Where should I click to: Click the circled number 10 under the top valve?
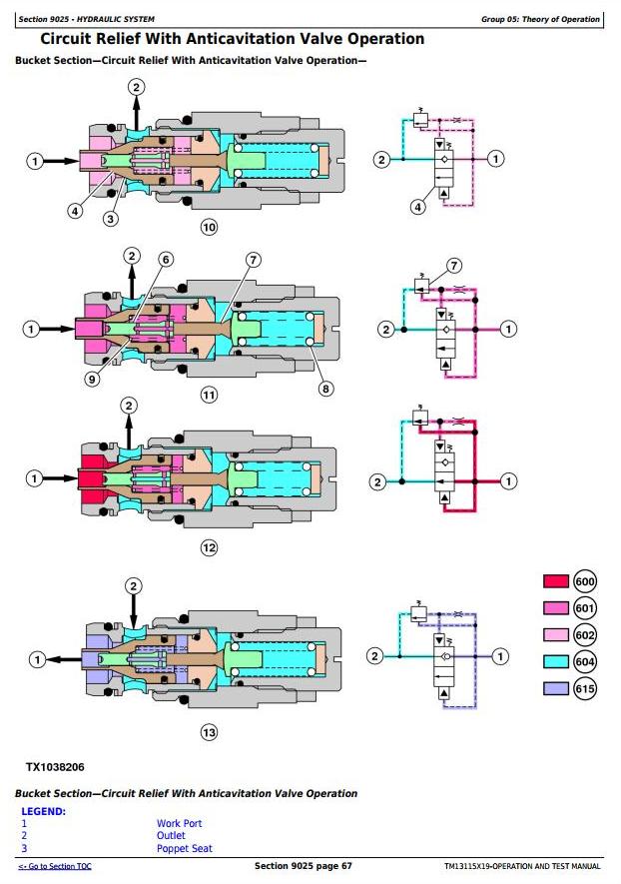(x=209, y=227)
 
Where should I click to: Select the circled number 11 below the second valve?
(x=209, y=395)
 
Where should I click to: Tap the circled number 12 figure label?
(x=209, y=547)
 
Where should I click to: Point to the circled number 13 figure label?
(x=209, y=732)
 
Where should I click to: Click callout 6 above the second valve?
(x=166, y=260)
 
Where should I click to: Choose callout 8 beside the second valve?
(x=325, y=388)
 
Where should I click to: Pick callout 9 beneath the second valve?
(x=93, y=379)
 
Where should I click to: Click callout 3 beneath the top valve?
(x=111, y=218)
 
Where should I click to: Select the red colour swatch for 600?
(x=556, y=581)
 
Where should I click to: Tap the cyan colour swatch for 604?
(x=556, y=661)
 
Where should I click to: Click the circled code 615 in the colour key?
(x=585, y=688)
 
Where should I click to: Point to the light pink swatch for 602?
(x=556, y=635)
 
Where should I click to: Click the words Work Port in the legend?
(x=179, y=823)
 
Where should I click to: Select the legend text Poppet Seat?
(x=185, y=848)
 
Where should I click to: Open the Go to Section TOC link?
(x=55, y=866)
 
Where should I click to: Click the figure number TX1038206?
(x=55, y=767)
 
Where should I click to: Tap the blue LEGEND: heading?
(x=43, y=811)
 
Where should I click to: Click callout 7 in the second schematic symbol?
(x=454, y=266)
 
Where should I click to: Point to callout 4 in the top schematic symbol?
(x=417, y=207)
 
